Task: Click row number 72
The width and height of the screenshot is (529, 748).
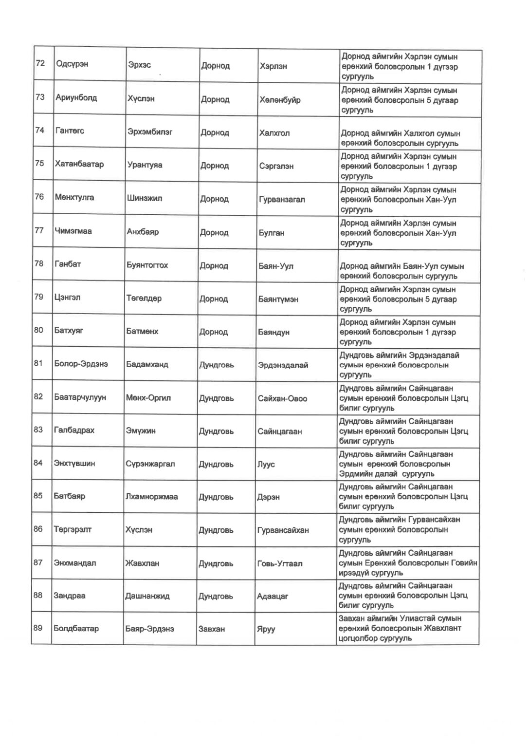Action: (x=40, y=63)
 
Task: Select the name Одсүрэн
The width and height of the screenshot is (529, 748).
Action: (x=72, y=64)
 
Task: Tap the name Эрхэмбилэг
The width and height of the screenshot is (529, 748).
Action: (x=150, y=131)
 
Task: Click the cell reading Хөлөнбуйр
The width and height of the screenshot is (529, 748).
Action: (x=280, y=100)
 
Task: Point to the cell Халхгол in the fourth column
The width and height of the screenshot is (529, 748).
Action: (x=274, y=133)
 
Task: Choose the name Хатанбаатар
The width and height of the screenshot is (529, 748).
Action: (x=79, y=164)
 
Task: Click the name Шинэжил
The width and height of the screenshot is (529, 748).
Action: (x=145, y=198)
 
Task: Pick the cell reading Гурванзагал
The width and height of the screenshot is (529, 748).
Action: (x=282, y=200)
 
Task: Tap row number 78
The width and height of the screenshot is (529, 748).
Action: (x=39, y=263)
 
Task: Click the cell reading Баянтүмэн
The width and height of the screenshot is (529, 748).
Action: (x=278, y=299)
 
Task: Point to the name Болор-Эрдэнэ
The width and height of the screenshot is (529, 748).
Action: (x=81, y=364)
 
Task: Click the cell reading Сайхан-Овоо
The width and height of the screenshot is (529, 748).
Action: (x=282, y=398)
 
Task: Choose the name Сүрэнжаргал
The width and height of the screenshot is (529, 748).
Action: (x=150, y=464)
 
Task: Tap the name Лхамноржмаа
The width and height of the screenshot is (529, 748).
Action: (x=151, y=497)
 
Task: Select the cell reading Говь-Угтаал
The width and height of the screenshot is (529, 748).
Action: (x=279, y=563)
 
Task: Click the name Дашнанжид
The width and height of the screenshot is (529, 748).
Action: (x=147, y=596)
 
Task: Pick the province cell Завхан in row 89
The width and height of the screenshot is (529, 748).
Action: (x=212, y=629)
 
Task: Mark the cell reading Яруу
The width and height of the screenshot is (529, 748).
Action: (x=266, y=629)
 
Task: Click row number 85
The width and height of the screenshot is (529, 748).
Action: (x=38, y=496)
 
